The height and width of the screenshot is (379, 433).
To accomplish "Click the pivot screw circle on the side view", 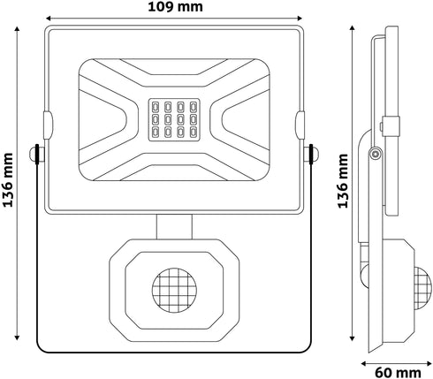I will tap(376, 154).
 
